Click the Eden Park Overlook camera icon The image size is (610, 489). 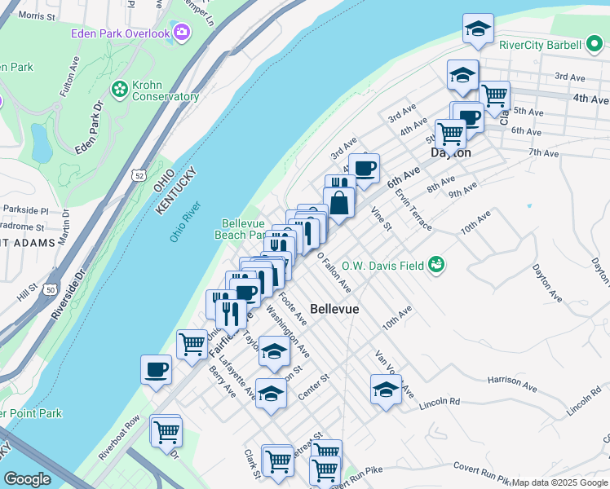tap(181, 33)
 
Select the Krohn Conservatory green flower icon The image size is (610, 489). tap(120, 87)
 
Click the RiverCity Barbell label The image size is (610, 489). tap(540, 46)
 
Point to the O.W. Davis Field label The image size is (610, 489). tap(382, 266)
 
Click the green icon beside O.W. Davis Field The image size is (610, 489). tap(437, 264)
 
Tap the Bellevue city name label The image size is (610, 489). tap(335, 311)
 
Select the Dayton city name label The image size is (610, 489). tap(451, 152)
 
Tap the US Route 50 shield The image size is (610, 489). tap(51, 289)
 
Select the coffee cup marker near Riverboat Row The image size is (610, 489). tap(156, 370)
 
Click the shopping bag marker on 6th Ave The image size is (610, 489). tap(339, 203)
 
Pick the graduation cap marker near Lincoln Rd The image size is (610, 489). tap(386, 390)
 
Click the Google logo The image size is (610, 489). tap(28, 480)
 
